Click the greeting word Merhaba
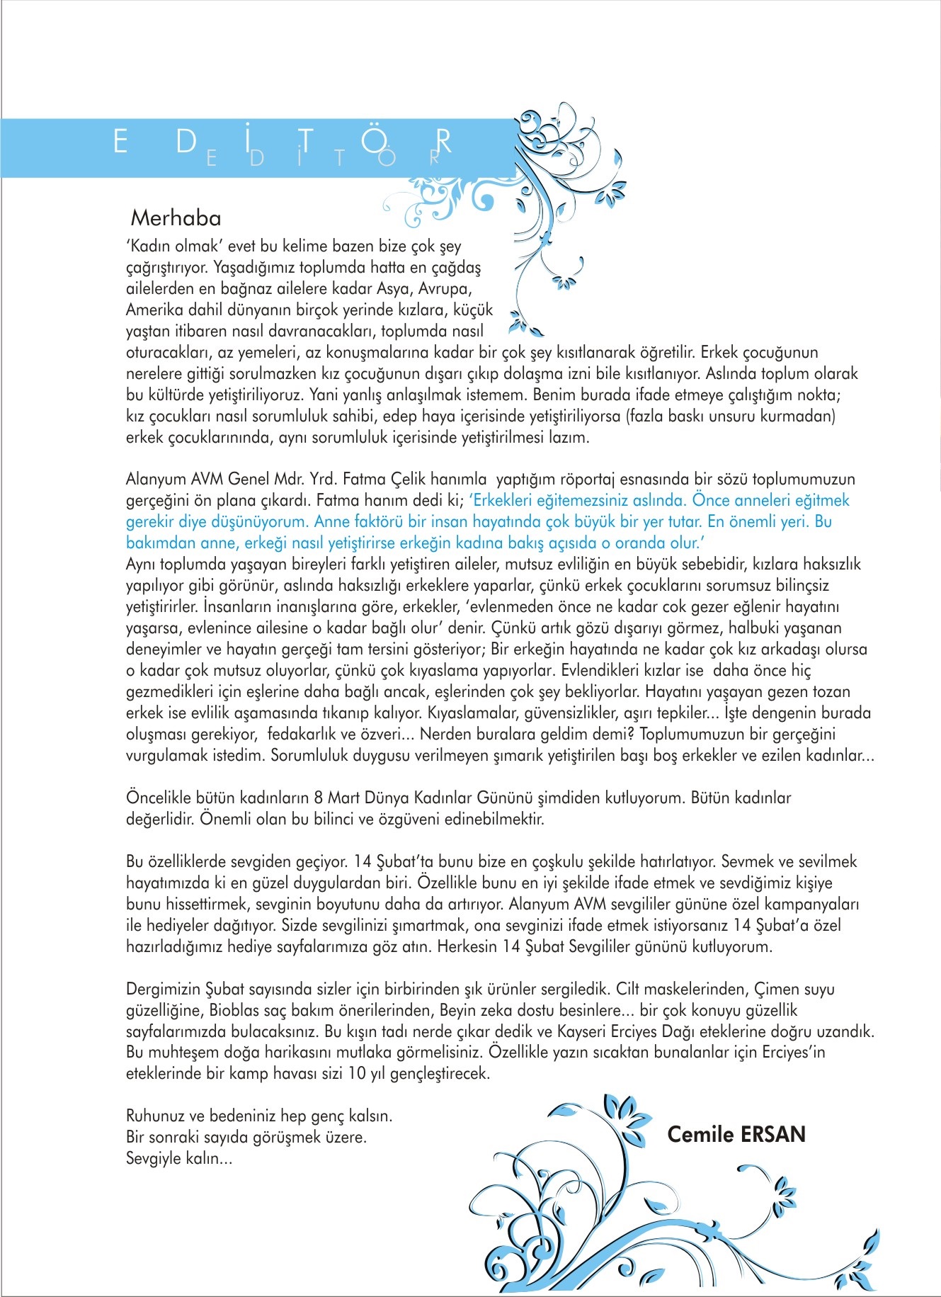tap(176, 218)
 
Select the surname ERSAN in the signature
tap(772, 1134)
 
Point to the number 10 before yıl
tap(358, 1074)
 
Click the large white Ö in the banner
tap(373, 141)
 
